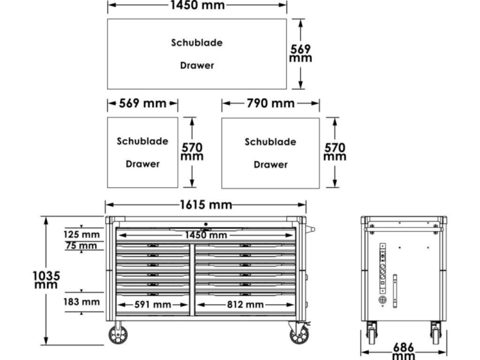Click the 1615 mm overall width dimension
(206, 205)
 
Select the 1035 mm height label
(46, 280)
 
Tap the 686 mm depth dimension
(404, 351)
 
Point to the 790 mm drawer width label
(270, 103)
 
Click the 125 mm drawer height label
(81, 235)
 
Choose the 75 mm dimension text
(81, 245)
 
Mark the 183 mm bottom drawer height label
(81, 302)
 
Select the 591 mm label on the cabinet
(153, 305)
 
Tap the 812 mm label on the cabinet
(245, 305)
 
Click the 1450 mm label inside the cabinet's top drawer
(206, 235)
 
